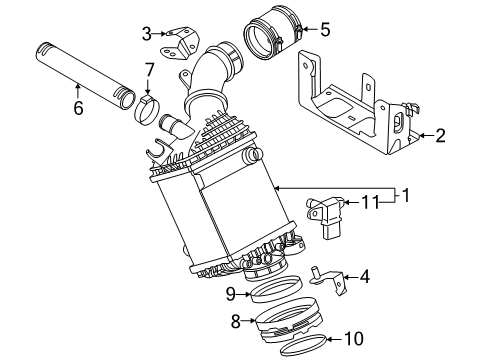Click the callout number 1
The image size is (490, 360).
[x=406, y=195]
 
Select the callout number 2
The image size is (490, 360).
[x=440, y=136]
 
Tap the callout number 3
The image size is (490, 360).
[x=147, y=34]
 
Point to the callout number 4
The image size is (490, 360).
[x=365, y=277]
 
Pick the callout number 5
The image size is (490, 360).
[x=325, y=29]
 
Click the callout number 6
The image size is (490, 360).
[x=78, y=108]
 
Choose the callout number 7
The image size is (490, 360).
[x=149, y=70]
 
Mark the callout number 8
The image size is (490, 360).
[x=236, y=321]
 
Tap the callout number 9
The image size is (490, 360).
[x=231, y=294]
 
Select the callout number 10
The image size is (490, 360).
[x=354, y=339]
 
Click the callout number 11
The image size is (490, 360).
[x=370, y=202]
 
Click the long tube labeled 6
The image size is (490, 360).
[x=85, y=76]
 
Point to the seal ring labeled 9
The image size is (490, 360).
[x=276, y=289]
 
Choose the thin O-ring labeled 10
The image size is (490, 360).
[x=303, y=345]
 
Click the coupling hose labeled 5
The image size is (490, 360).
[x=274, y=33]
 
